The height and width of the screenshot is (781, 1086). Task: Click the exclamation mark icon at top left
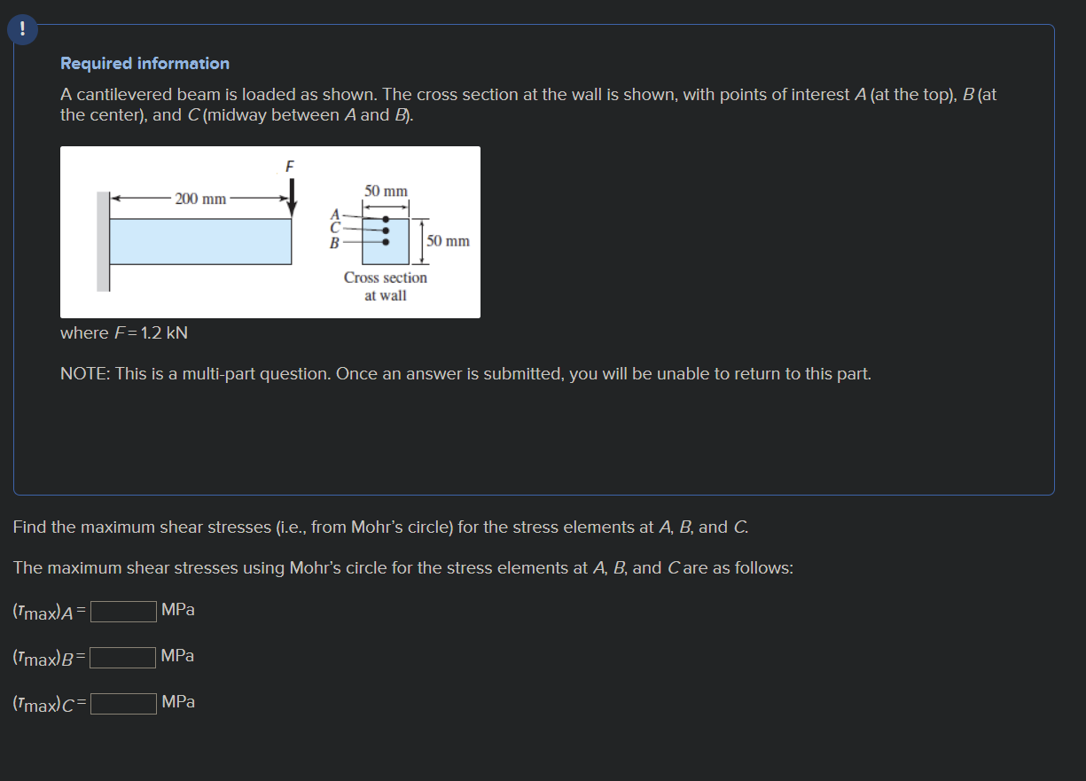click(22, 29)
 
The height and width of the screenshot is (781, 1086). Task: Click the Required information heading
click(145, 64)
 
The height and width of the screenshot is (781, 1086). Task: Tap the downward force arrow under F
click(291, 196)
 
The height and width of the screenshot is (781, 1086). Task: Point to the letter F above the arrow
click(289, 166)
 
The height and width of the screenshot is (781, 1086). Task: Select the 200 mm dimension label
click(200, 199)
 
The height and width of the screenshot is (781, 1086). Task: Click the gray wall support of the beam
click(104, 241)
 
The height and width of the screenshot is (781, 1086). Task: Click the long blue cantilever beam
click(200, 241)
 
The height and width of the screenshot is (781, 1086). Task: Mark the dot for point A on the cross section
click(385, 219)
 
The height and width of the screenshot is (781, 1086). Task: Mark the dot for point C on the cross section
click(385, 230)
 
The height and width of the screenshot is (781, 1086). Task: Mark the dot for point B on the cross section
click(385, 241)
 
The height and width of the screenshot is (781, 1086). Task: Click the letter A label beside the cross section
click(334, 214)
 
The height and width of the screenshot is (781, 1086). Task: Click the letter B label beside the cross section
click(334, 241)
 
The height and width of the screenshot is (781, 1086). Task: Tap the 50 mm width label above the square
click(386, 191)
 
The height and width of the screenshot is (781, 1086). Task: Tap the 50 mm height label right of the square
click(448, 241)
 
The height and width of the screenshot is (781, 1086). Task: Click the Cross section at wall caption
click(386, 286)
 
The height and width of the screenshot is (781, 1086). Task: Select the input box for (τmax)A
click(123, 611)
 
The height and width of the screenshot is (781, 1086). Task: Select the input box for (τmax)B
click(123, 657)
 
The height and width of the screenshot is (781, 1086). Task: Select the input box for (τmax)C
click(123, 703)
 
